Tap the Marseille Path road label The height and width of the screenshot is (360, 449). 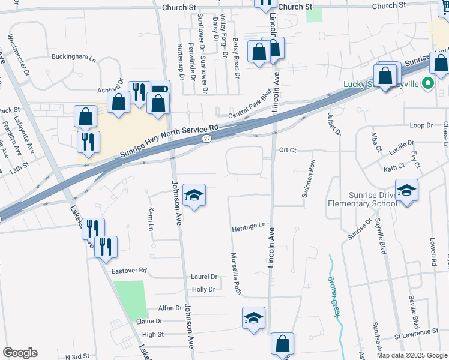[236, 273]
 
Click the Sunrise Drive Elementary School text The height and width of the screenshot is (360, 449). [362, 199]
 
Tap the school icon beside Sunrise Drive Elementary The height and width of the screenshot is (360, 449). [407, 191]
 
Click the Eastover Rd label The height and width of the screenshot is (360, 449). [129, 271]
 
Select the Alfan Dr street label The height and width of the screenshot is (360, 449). [170, 308]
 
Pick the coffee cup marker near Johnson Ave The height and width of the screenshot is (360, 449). [159, 91]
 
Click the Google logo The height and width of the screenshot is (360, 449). [20, 353]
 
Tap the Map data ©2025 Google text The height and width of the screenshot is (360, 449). [411, 355]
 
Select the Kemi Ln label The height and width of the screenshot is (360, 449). [150, 219]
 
